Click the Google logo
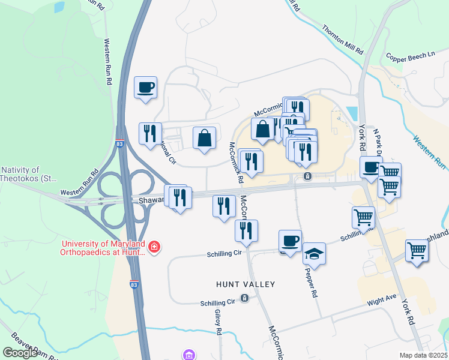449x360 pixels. pyautogui.click(x=20, y=353)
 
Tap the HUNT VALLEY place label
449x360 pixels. pyautogui.click(x=246, y=284)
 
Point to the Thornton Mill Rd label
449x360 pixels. pyautogui.click(x=343, y=37)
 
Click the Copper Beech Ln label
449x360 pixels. pyautogui.click(x=411, y=55)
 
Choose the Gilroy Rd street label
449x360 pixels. pyautogui.click(x=218, y=322)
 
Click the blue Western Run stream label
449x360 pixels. pyautogui.click(x=430, y=151)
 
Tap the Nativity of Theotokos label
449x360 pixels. pyautogui.click(x=20, y=175)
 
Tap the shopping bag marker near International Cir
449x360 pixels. pyautogui.click(x=205, y=138)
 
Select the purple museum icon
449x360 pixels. pyautogui.click(x=190, y=355)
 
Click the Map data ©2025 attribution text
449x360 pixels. pyautogui.click(x=424, y=355)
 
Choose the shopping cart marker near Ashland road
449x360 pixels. pyautogui.click(x=417, y=251)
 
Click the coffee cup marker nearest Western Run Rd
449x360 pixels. pyautogui.click(x=146, y=88)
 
